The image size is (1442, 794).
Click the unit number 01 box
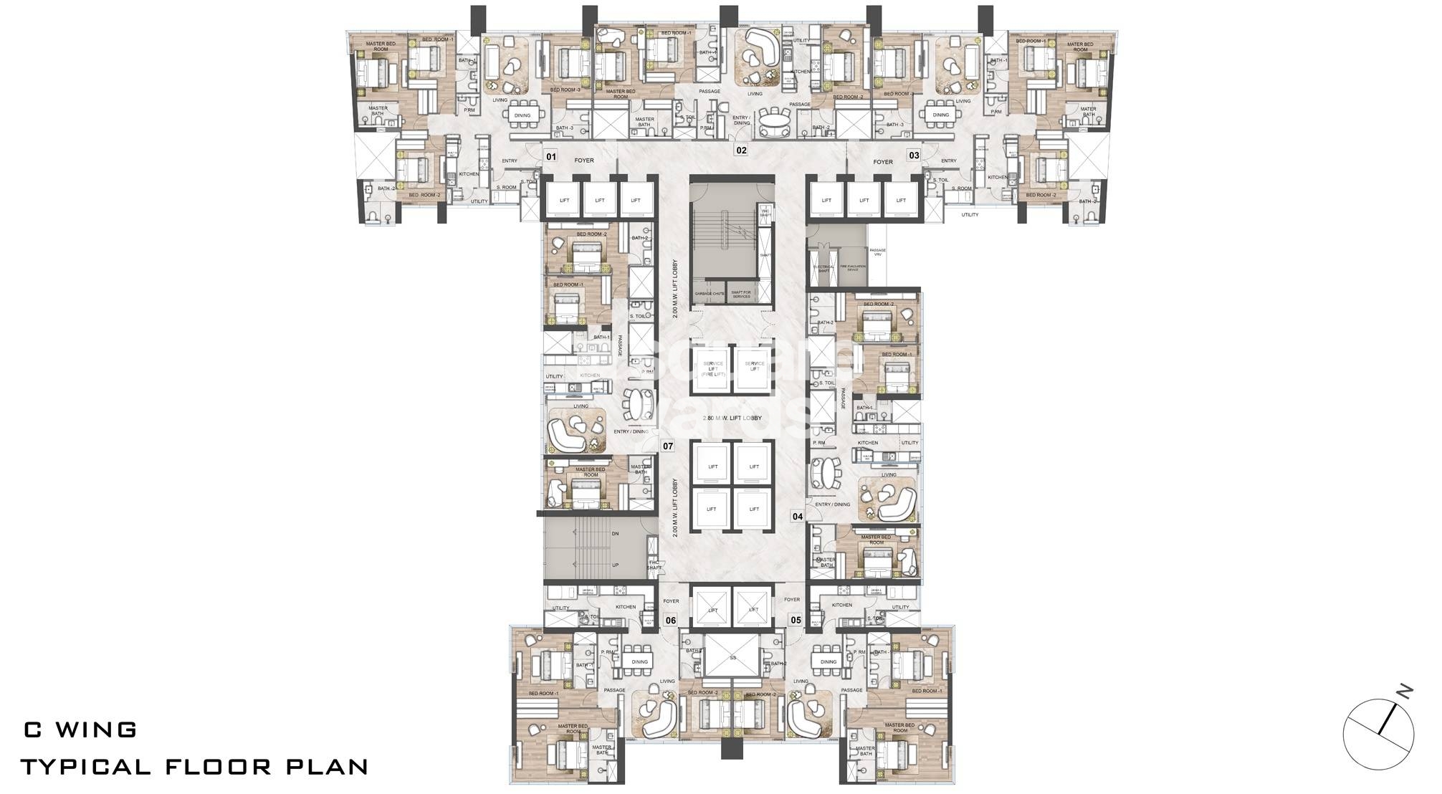[550, 156]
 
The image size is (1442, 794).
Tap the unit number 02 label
[741, 150]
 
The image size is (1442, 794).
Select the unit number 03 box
[914, 156]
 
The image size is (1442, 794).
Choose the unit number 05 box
[796, 621]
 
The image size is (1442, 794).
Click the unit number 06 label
[671, 621]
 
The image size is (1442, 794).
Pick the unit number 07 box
[668, 446]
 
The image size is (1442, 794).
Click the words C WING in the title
[80, 730]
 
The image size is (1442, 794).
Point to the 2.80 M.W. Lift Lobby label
[731, 418]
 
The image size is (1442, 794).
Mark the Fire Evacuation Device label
[852, 267]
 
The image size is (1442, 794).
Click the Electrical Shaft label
[821, 268]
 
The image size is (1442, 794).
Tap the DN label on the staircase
[615, 535]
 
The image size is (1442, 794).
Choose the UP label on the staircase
[615, 565]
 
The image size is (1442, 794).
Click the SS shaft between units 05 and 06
[732, 656]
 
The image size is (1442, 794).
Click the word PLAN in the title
[328, 767]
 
